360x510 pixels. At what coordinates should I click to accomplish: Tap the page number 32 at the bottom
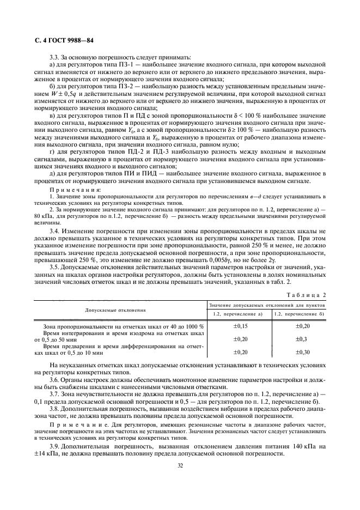[x=180, y=465]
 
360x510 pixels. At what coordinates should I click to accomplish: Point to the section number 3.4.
[x=54, y=232]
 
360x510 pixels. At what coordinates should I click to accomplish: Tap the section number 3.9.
[x=54, y=446]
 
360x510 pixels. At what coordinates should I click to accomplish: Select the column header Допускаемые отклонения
[x=115, y=309]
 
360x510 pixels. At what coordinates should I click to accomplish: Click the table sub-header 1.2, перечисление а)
[x=238, y=314]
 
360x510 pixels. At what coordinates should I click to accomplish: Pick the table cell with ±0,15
[x=238, y=325]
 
